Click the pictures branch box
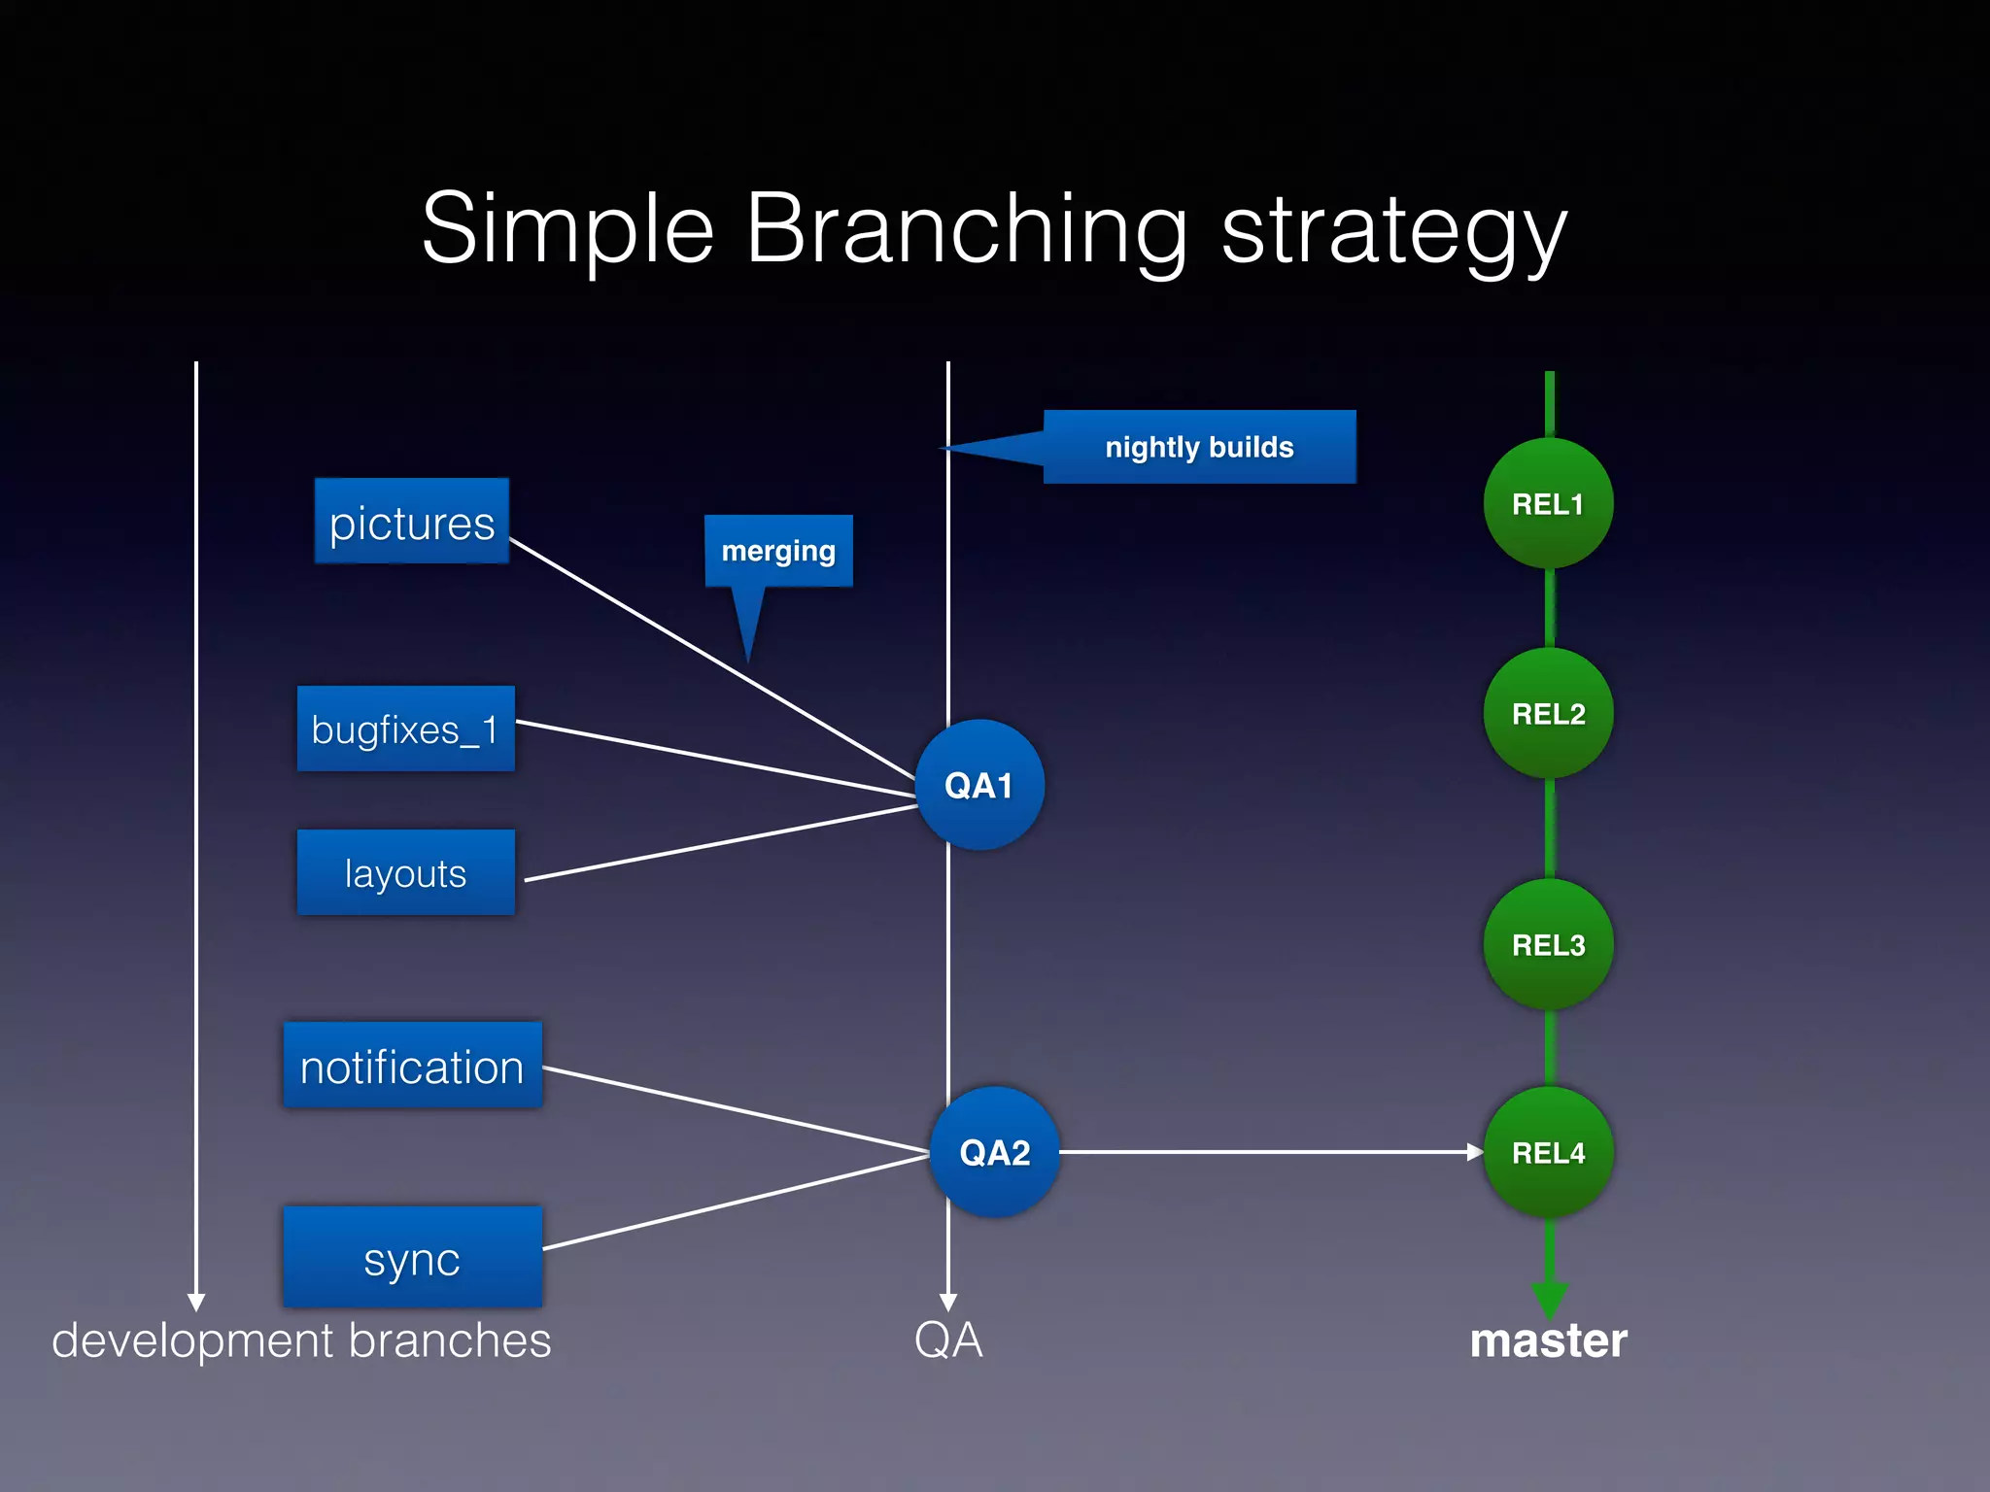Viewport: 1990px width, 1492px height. [x=412, y=522]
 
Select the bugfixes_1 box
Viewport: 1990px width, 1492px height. [x=405, y=729]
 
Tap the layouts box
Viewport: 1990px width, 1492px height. [x=405, y=872]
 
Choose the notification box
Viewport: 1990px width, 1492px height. [x=412, y=1066]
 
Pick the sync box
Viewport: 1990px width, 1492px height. [x=412, y=1257]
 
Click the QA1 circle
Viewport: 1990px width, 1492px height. [x=979, y=785]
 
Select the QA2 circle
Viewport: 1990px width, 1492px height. [x=994, y=1152]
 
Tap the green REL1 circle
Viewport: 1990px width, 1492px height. [x=1548, y=503]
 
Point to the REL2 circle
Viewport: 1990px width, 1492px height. [x=1548, y=713]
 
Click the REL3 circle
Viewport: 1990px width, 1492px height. [x=1548, y=944]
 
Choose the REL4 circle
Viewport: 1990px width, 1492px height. [x=1548, y=1152]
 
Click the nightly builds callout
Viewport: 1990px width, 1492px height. [x=1199, y=447]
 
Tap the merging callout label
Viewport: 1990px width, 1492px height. [x=778, y=551]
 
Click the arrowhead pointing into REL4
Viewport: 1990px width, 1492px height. [x=1474, y=1152]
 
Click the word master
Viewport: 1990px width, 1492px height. [x=1548, y=1340]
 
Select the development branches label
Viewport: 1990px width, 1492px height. [x=301, y=1340]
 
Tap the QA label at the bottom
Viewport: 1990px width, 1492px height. [x=948, y=1340]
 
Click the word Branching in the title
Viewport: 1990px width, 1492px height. [x=966, y=229]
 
